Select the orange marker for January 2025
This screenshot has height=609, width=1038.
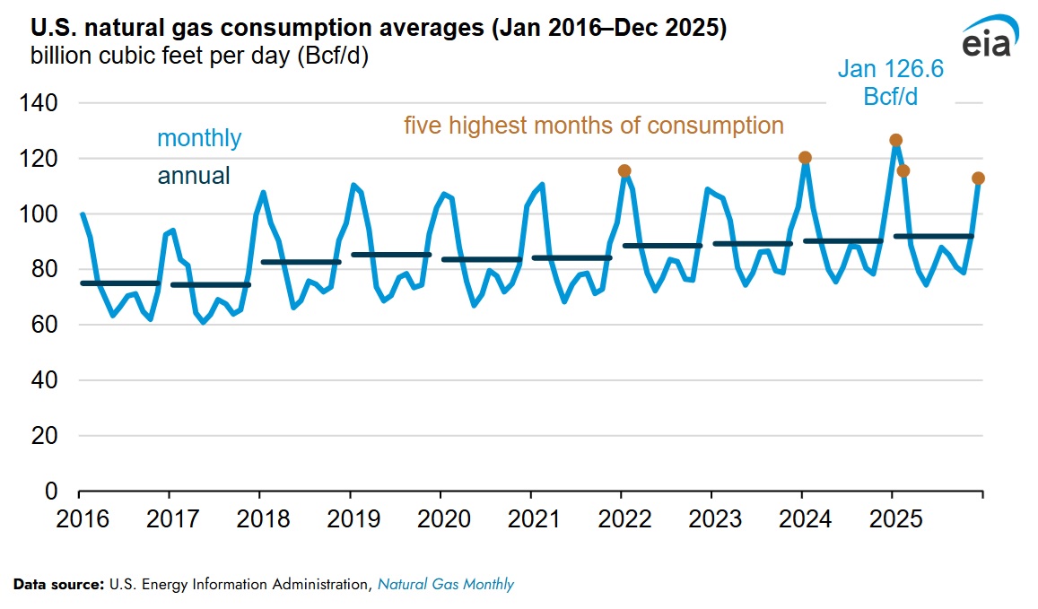click(x=895, y=140)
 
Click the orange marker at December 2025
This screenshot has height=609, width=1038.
click(x=979, y=178)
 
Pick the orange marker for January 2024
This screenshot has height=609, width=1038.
click(x=805, y=158)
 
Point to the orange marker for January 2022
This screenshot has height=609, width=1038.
click(x=624, y=170)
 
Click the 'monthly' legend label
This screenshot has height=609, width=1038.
click(x=199, y=138)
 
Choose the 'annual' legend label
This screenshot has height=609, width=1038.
click(x=194, y=176)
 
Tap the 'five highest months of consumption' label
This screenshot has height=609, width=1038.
click(x=594, y=125)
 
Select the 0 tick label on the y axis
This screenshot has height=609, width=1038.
click(x=51, y=492)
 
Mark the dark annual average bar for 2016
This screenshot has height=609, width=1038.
click(x=120, y=283)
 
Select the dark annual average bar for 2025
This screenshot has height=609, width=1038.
click(x=933, y=237)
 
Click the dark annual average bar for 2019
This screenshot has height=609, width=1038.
click(x=390, y=255)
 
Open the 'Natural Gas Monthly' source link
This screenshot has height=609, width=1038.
click(x=446, y=585)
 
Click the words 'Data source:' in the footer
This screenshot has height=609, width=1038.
click(x=59, y=585)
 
